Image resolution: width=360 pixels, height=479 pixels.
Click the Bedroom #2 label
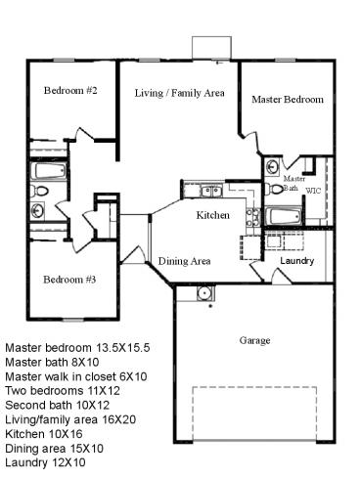[x=70, y=91]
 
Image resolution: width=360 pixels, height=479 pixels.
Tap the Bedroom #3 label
[x=68, y=280]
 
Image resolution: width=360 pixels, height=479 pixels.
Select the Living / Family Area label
[x=179, y=93]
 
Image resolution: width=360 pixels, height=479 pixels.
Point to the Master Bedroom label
[x=287, y=100]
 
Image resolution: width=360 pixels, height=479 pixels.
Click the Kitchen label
[x=213, y=215]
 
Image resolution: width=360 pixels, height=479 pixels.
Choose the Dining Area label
[x=185, y=261]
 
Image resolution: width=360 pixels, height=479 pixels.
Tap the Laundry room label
[x=296, y=261]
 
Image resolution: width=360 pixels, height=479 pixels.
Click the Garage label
[x=255, y=340]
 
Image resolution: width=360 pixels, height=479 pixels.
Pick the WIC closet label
[x=313, y=191]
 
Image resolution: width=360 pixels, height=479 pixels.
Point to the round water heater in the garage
[x=202, y=292]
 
